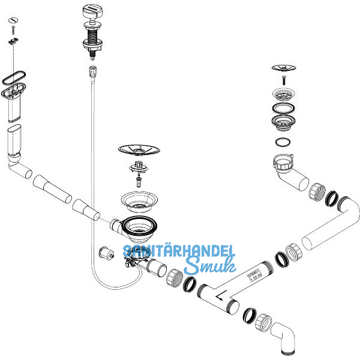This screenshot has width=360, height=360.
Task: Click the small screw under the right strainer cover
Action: click(x=282, y=80)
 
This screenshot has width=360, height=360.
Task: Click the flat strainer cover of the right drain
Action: click(x=282, y=68)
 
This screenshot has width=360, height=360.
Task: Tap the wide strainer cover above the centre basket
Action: click(x=138, y=148)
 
